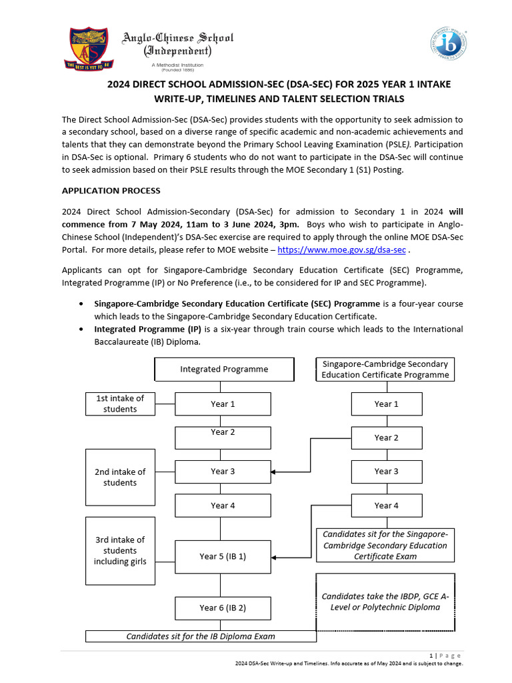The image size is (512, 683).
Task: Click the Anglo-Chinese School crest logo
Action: pos(89,49)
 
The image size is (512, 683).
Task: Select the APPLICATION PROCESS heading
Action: pos(111,191)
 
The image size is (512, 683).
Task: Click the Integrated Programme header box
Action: pos(224,369)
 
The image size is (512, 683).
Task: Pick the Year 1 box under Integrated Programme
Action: pos(223,404)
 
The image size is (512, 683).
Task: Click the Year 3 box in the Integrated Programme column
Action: pos(223,472)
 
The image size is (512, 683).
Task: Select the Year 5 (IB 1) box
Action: pos(223,556)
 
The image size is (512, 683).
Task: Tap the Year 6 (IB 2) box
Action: pos(223,608)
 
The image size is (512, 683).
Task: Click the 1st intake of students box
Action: pos(120,404)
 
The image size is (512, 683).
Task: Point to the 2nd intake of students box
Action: pos(120,477)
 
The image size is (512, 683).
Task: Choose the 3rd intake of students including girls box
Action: pos(120,550)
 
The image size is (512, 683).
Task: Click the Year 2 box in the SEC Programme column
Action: pos(387,438)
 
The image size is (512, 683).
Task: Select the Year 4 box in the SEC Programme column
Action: pos(387,506)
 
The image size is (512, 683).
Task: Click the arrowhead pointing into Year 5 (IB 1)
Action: pos(275,556)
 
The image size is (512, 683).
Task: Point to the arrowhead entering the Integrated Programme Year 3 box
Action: pos(275,472)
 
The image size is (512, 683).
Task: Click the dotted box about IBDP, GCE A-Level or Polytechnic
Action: pos(385,602)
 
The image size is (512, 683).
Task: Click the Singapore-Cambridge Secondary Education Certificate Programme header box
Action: pos(385,369)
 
